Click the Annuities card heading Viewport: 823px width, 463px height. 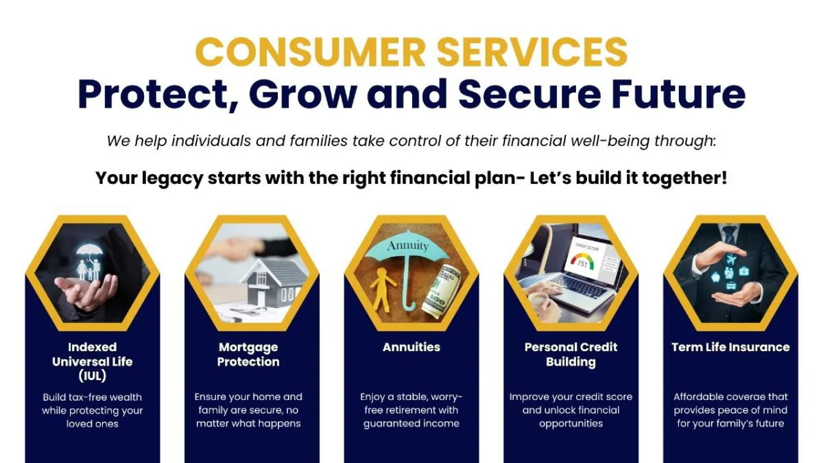(411, 347)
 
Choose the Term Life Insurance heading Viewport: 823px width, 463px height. (730, 347)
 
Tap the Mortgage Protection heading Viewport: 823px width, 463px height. (248, 355)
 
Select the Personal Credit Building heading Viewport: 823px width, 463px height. (571, 355)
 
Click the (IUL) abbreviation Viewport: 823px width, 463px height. (92, 376)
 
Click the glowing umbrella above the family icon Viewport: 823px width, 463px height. (89, 252)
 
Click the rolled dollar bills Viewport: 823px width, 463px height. (441, 291)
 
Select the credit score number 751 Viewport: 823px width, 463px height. (582, 264)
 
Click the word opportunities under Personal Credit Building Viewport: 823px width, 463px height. (571, 424)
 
